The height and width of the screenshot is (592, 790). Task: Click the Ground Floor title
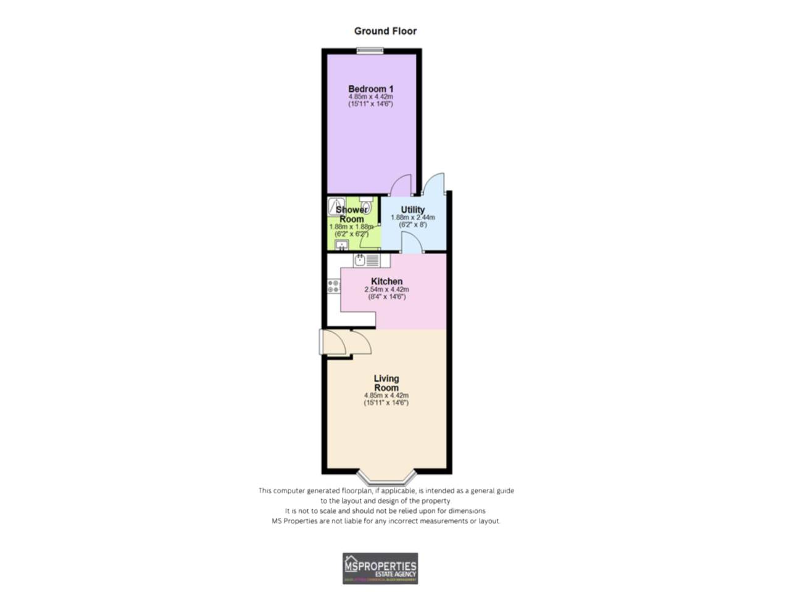tap(385, 31)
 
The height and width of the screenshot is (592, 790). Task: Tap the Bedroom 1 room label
tap(370, 89)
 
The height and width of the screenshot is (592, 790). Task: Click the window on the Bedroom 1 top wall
tap(370, 51)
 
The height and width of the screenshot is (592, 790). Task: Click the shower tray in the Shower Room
tap(336, 205)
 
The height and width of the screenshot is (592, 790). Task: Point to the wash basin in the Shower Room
tap(341, 245)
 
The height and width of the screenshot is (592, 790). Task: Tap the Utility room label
tap(412, 210)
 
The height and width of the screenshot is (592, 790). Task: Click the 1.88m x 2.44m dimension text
tap(412, 218)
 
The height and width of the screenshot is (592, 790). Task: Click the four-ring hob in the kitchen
tap(333, 286)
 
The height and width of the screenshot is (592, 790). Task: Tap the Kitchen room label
tap(386, 281)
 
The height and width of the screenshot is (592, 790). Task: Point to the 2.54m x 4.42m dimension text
tap(386, 290)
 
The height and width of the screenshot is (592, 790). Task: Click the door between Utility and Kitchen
tap(412, 245)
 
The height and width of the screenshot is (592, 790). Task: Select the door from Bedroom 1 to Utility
tap(401, 184)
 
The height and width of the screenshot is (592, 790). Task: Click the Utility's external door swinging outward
tap(434, 183)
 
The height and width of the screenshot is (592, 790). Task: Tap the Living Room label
tap(386, 383)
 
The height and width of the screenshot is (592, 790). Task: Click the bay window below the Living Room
tap(386, 478)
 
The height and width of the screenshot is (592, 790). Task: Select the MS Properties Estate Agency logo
tap(380, 568)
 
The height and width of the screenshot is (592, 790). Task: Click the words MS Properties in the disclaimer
tap(294, 521)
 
